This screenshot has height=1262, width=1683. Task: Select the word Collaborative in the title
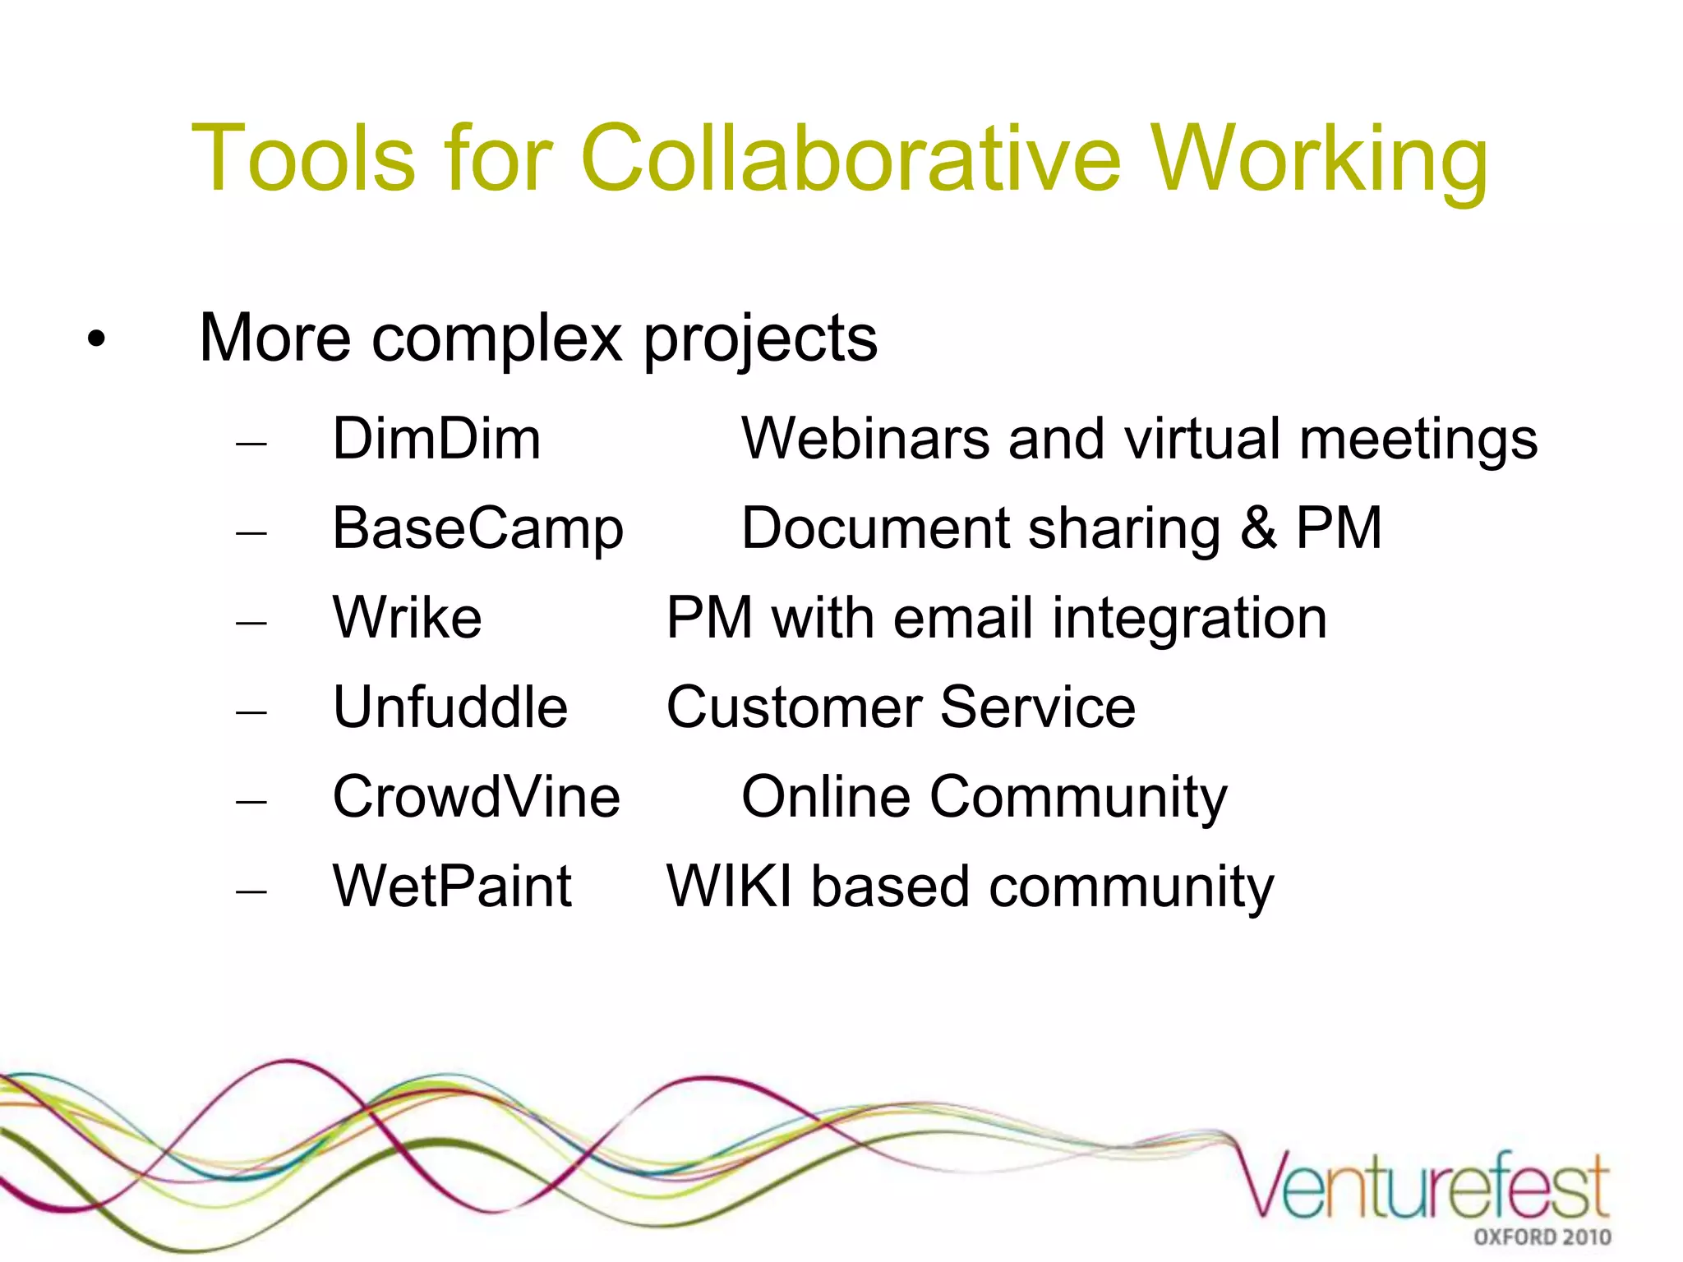(851, 158)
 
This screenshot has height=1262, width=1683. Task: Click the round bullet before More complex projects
(97, 339)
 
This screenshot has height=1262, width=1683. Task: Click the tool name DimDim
(436, 439)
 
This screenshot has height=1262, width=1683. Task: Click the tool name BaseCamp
(477, 530)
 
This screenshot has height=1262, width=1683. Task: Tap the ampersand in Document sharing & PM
(1258, 528)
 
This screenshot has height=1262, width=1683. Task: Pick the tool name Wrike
(407, 618)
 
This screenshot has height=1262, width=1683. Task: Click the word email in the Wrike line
(962, 618)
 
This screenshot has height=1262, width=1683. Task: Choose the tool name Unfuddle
(450, 707)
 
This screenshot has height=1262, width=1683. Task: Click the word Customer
(793, 707)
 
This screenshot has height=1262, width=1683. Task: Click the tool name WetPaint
(451, 887)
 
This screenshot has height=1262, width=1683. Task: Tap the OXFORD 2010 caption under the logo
(1542, 1237)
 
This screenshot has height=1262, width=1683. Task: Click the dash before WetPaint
(251, 890)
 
